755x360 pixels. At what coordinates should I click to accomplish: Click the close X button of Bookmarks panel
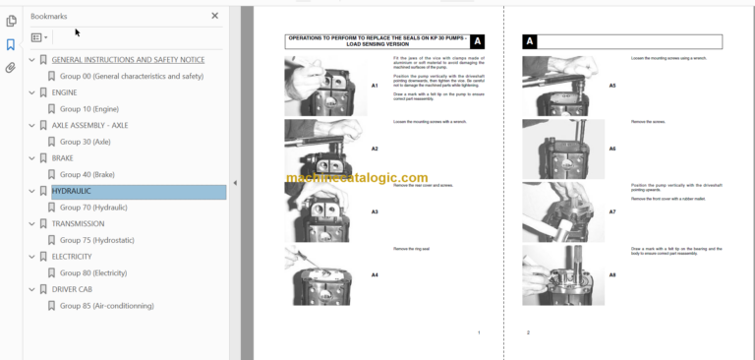point(215,16)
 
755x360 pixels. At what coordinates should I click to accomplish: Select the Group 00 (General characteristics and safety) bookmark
point(131,77)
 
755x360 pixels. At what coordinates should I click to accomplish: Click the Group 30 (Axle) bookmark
point(85,142)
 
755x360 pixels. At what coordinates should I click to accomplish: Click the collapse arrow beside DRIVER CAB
point(31,289)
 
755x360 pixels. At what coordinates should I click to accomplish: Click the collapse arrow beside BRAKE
point(31,158)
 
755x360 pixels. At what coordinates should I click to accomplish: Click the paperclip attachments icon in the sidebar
point(11,68)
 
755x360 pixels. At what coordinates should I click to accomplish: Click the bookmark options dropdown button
point(39,37)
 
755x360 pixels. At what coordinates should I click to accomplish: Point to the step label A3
point(375,211)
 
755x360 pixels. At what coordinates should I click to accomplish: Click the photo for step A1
point(325,86)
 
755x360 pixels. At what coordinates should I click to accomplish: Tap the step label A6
point(611,149)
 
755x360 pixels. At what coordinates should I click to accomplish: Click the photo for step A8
point(555,275)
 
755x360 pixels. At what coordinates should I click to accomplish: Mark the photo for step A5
point(555,86)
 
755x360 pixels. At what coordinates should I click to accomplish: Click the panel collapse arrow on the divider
point(235,183)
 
